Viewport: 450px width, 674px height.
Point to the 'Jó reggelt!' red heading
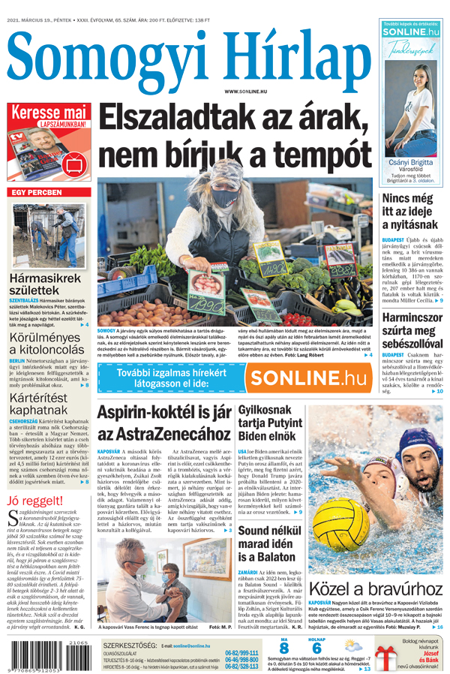tap(34, 501)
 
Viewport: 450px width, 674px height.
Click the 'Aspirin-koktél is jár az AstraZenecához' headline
tap(163, 423)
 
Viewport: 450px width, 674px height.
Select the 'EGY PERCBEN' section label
tap(36, 192)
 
